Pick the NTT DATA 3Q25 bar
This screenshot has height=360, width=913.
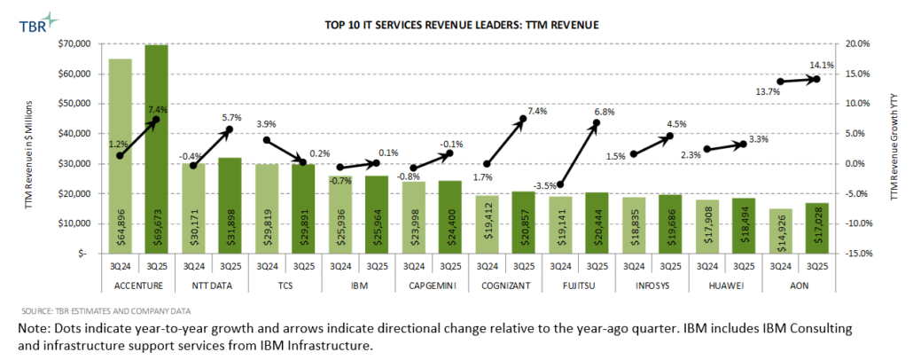click(229, 205)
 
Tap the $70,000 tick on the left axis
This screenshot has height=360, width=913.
click(78, 43)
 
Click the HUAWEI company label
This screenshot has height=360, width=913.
click(724, 286)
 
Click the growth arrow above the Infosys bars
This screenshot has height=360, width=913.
click(651, 145)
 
